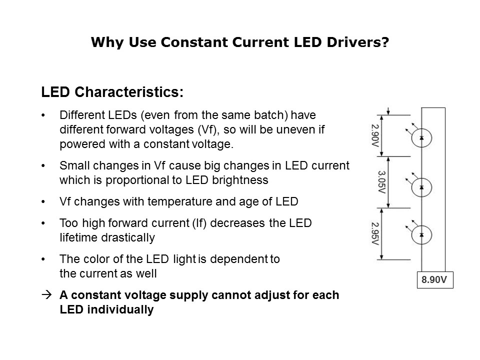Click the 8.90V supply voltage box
click(434, 280)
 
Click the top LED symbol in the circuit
click(421, 137)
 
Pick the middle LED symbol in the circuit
click(421, 186)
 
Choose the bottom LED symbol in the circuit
click(421, 234)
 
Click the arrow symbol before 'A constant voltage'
click(46, 295)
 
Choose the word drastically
click(125, 237)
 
